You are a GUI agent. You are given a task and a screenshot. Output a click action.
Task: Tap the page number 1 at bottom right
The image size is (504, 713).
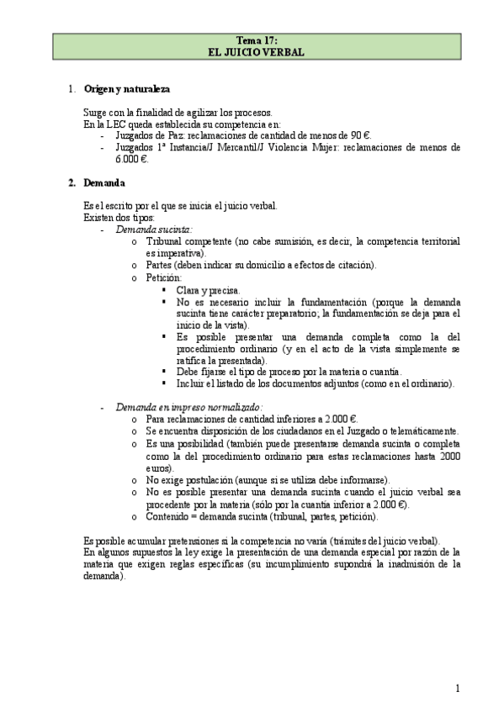point(457,689)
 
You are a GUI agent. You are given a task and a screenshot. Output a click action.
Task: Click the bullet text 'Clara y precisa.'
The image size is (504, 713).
point(208,289)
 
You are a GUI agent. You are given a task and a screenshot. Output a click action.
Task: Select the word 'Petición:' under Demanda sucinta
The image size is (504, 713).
point(163,277)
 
